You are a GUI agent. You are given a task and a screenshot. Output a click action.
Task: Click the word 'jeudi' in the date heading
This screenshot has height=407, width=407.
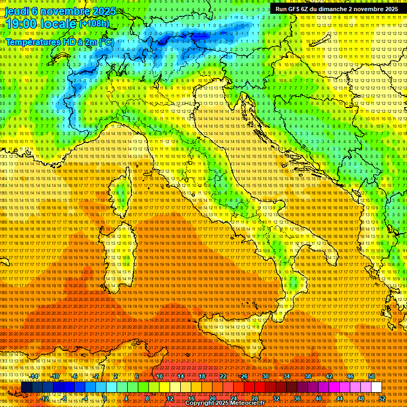(16, 11)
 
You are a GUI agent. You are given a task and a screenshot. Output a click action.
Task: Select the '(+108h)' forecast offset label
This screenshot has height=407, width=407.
(94, 23)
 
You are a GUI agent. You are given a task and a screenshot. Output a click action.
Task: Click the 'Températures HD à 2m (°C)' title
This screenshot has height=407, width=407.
(59, 41)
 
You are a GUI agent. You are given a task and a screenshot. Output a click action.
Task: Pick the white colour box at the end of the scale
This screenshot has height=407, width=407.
(376, 387)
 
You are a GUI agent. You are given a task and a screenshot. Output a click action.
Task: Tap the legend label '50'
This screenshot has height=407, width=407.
(371, 376)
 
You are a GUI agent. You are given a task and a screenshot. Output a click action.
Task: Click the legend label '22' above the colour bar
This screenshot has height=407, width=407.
(223, 376)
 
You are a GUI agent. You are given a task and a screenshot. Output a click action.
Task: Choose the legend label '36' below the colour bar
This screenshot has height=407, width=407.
(297, 399)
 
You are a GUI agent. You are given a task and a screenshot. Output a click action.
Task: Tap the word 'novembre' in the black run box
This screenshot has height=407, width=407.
(366, 9)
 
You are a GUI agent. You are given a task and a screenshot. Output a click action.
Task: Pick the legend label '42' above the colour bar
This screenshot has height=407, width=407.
(329, 376)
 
